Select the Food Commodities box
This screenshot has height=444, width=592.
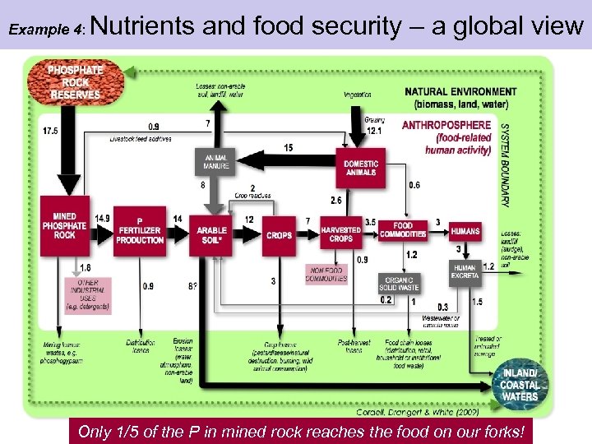tap(403, 230)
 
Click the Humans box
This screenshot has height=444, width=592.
tap(465, 232)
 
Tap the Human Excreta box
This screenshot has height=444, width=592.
tap(465, 271)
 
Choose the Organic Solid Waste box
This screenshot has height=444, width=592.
tap(399, 284)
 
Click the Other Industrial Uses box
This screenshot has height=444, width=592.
tap(87, 295)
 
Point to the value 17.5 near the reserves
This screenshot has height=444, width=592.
tap(50, 131)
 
